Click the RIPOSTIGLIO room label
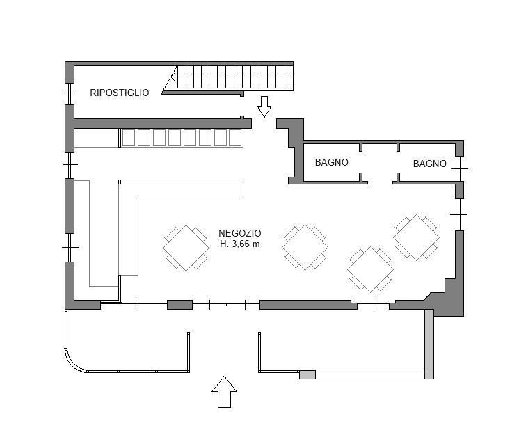[x=120, y=93]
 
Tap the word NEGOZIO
[x=240, y=233]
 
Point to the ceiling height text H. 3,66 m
[x=240, y=244]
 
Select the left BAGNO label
[x=331, y=162]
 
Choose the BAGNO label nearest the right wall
[x=429, y=164]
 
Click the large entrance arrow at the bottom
[x=224, y=392]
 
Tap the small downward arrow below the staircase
[x=264, y=106]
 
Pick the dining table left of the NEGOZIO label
[x=186, y=248]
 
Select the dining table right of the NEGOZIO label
[x=305, y=247]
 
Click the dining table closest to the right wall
[x=416, y=237]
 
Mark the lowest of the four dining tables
[x=370, y=269]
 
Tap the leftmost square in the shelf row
[x=128, y=138]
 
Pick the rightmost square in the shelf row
[x=235, y=138]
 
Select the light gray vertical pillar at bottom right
[x=429, y=344]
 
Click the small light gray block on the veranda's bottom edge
[x=307, y=374]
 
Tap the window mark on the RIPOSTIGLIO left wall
[x=70, y=93]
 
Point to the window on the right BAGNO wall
[x=459, y=168]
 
